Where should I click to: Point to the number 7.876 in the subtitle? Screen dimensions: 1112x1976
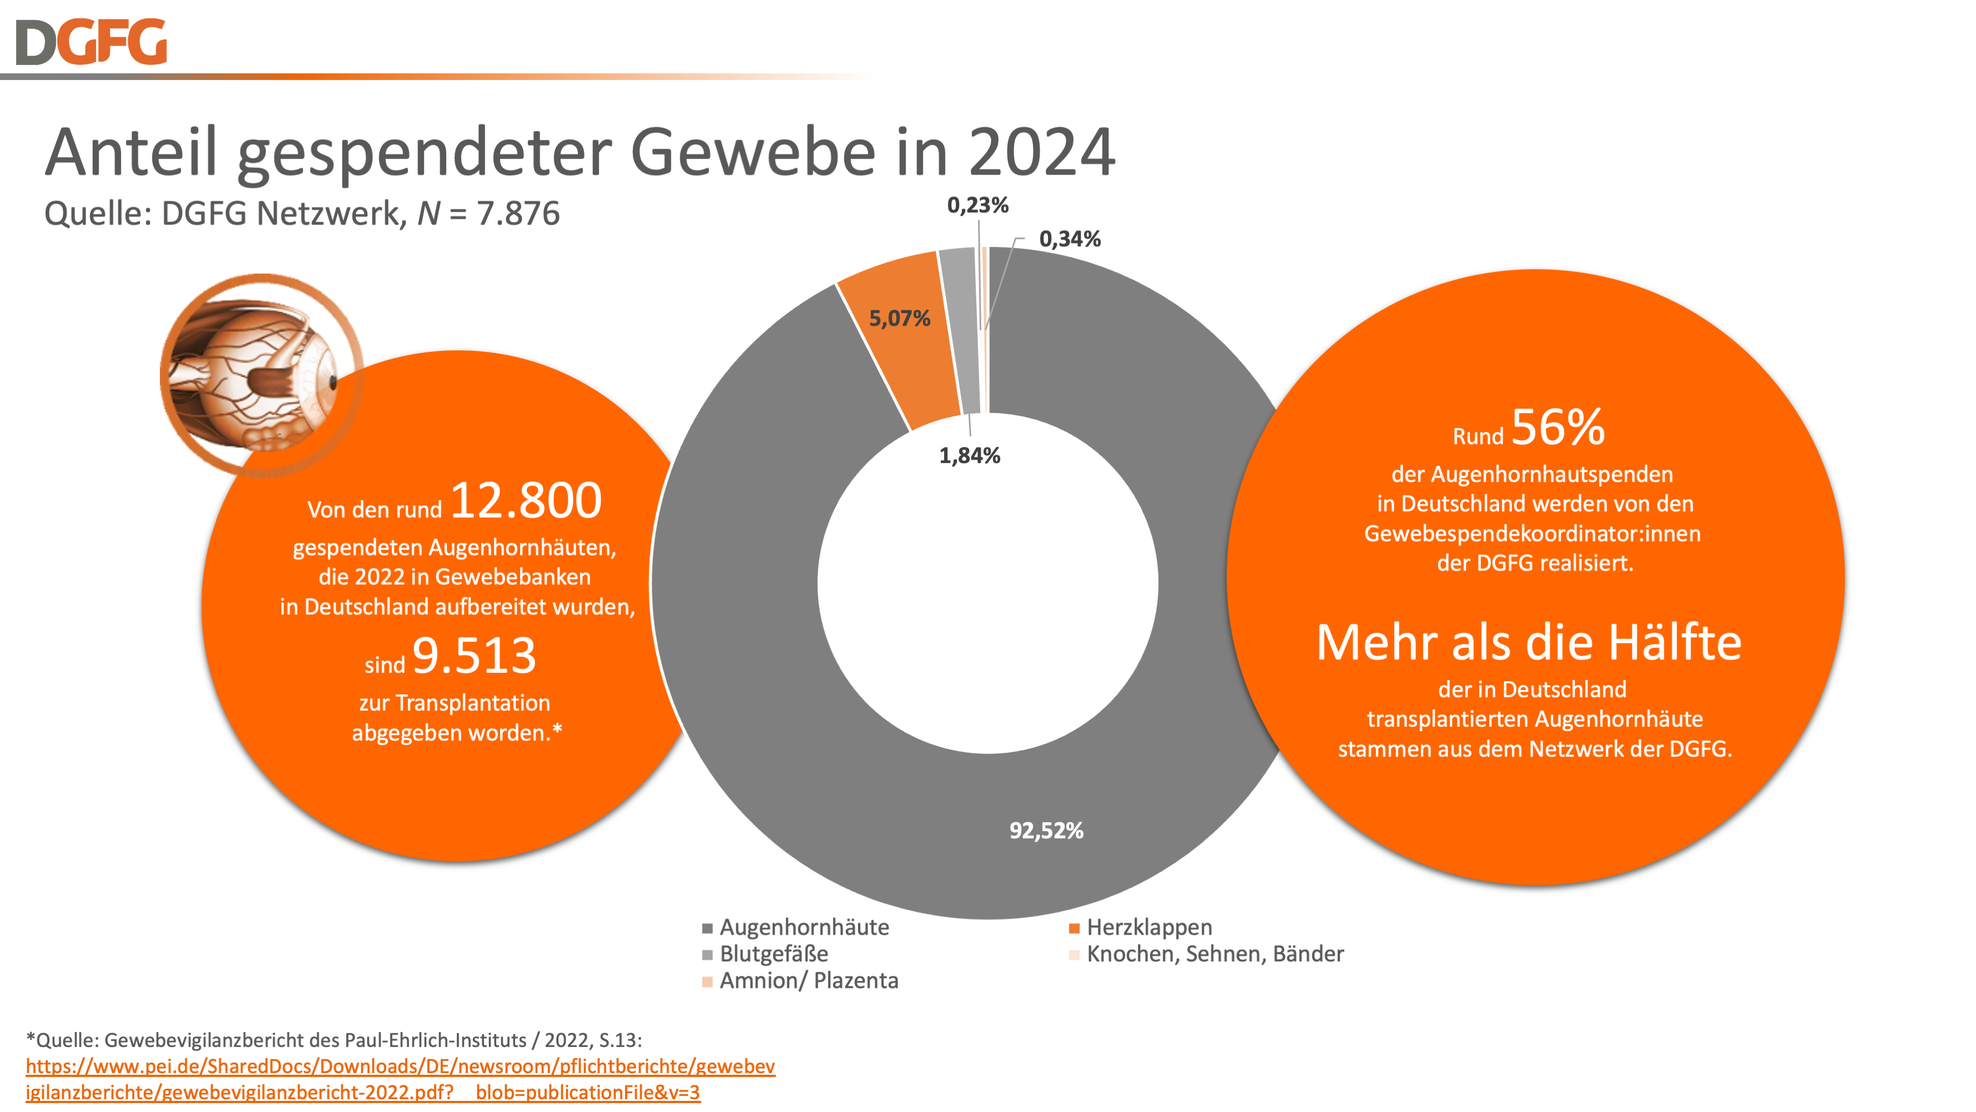[x=518, y=214]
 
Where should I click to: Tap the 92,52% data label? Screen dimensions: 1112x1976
[x=1046, y=830]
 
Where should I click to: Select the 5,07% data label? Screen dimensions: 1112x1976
[x=899, y=319]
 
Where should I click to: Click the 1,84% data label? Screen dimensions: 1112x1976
[x=970, y=456]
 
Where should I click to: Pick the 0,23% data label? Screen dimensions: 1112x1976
[x=977, y=205]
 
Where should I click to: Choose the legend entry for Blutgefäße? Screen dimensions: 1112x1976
[x=773, y=954]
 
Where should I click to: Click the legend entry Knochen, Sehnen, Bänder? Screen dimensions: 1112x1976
[x=1214, y=954]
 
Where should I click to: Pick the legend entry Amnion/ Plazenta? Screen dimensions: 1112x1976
[x=808, y=981]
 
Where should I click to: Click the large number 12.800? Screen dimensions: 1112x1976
[x=526, y=500]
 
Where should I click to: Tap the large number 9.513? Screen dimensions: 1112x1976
[x=474, y=656]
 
